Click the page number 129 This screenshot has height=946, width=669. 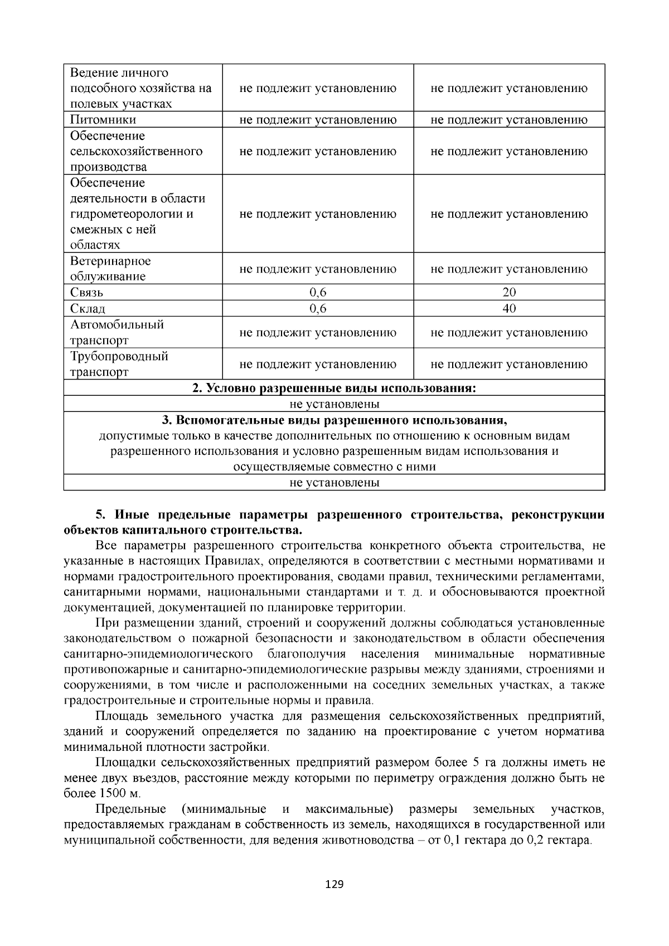[x=334, y=885]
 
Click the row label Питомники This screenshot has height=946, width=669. [x=103, y=120]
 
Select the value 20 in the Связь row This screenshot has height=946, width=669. [x=509, y=293]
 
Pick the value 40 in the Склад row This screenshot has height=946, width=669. [x=509, y=309]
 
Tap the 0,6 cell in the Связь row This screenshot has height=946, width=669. [x=318, y=293]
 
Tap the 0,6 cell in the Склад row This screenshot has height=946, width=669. [x=318, y=309]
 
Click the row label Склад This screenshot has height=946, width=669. [x=88, y=309]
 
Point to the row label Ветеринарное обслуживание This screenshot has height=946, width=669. [x=110, y=269]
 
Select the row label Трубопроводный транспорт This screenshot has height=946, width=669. [x=119, y=364]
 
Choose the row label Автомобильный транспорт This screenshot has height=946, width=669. [x=117, y=332]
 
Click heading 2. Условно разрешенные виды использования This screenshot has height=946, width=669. [x=334, y=388]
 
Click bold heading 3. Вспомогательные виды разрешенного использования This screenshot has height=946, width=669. [x=334, y=420]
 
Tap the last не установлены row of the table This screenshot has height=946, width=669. [x=334, y=483]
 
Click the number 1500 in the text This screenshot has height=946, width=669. [x=114, y=793]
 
